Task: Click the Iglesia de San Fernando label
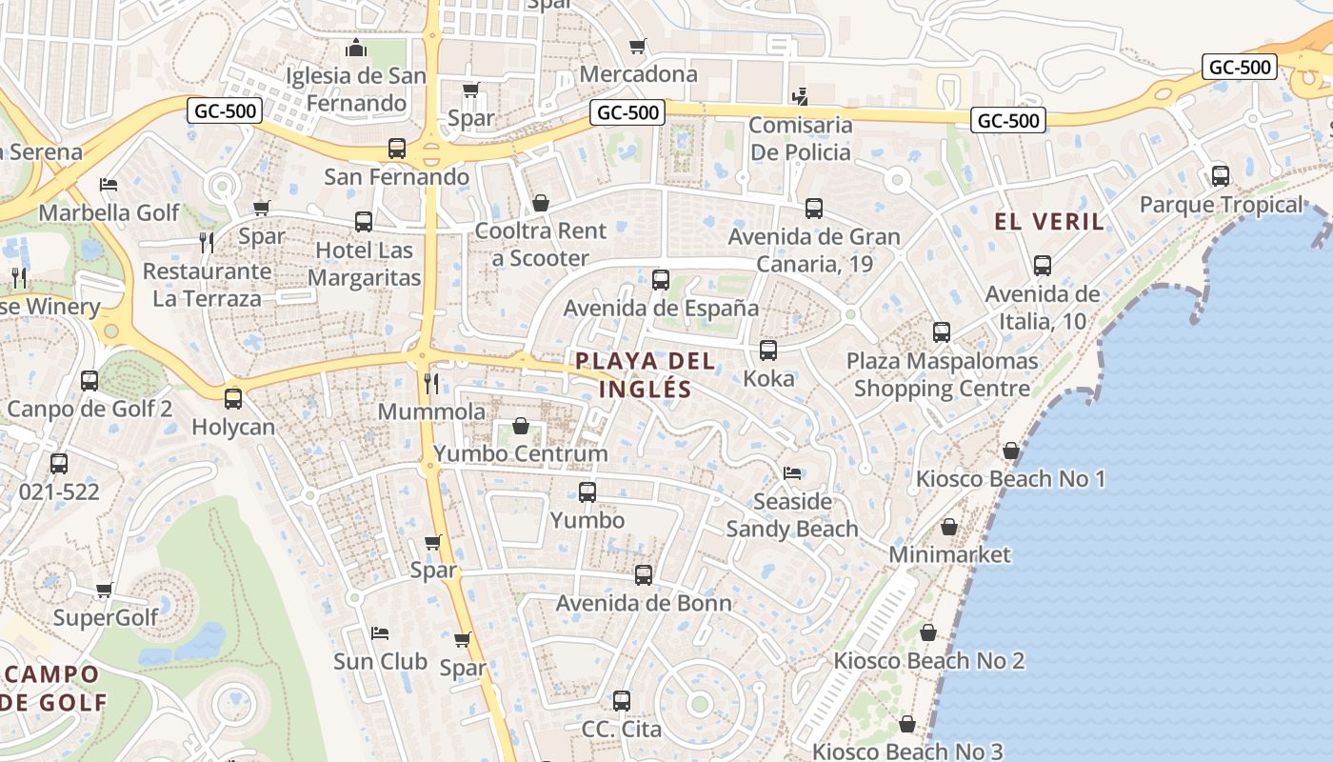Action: tap(357, 89)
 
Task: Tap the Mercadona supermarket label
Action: tap(638, 74)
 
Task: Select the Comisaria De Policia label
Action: tap(800, 139)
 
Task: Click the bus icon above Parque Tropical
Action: tap(1221, 176)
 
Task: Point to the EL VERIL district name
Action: tap(1049, 222)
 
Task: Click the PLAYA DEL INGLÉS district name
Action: tap(645, 374)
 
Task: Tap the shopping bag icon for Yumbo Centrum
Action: tap(521, 425)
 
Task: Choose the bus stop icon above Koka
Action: tap(768, 351)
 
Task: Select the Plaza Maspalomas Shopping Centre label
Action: tap(942, 375)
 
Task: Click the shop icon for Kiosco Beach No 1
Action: tap(1011, 451)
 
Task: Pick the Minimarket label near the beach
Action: tap(949, 554)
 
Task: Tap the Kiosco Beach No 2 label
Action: tap(928, 661)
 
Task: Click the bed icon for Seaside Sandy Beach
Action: tap(792, 473)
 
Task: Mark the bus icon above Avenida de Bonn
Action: tap(644, 575)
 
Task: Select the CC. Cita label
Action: tap(621, 730)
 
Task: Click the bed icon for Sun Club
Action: tap(380, 633)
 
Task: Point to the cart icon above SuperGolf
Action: tap(105, 590)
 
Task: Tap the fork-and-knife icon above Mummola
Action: tap(431, 383)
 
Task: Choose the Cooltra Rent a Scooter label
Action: tap(540, 244)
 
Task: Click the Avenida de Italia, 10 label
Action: tap(1042, 308)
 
